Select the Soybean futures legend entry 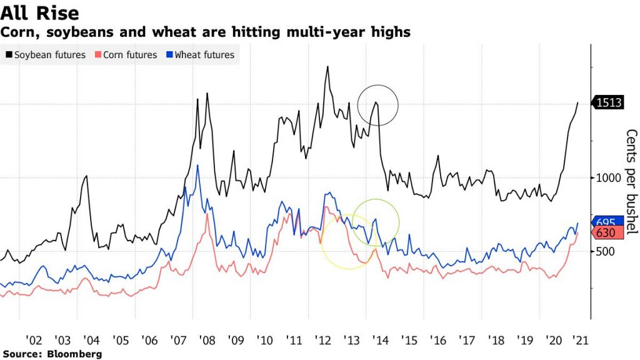pos(46,55)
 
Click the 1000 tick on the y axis pos(609,177)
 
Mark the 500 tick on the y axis pos(606,252)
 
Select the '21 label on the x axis pos(579,340)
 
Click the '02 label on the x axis pos(34,340)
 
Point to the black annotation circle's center pos(377,104)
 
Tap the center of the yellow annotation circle pos(348,242)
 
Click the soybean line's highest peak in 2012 pos(327,66)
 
